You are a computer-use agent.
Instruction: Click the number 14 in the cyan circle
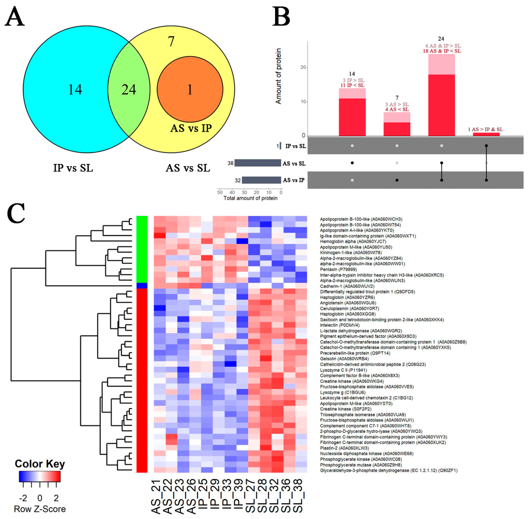point(75,89)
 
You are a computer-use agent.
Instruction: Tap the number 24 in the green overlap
point(129,89)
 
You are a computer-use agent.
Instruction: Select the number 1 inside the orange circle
point(190,89)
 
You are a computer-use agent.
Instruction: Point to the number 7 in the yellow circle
point(171,41)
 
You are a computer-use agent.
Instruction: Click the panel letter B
point(281,17)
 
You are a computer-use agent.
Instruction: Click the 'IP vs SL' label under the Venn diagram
point(73,168)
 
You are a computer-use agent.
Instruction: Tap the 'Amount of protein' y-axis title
point(278,76)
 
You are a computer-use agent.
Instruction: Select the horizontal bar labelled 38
point(257,163)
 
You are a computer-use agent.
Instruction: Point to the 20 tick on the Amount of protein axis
point(303,67)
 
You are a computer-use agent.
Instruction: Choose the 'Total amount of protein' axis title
point(250,198)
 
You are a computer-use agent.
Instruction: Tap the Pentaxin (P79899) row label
point(338,269)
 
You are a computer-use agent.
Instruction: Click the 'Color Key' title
point(40,464)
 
